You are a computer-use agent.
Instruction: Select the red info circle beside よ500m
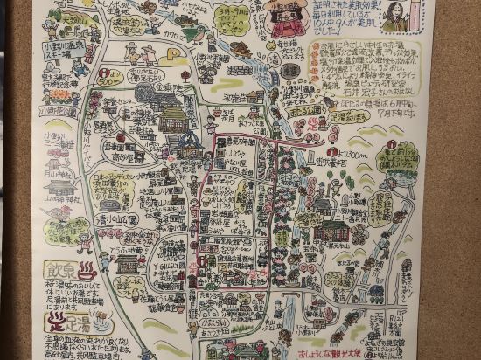click(x=106, y=73)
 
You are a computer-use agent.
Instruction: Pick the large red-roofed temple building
click(x=331, y=229)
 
